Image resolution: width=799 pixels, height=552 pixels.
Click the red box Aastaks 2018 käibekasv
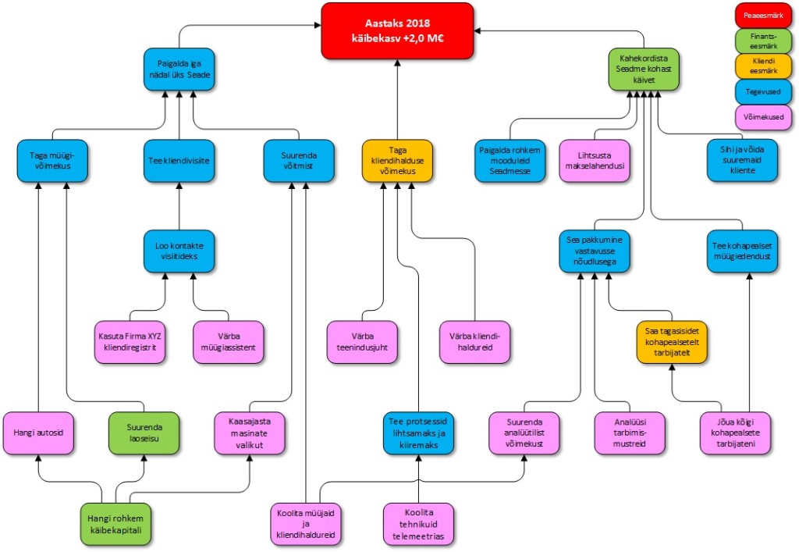pos(398,30)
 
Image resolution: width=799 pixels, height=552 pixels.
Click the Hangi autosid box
pos(38,432)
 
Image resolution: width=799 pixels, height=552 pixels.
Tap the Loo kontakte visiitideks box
pos(179,251)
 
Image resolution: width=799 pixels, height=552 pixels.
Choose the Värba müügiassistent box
pos(229,342)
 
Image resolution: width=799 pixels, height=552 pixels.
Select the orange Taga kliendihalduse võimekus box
pos(398,160)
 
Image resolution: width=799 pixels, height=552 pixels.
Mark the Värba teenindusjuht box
pos(363,342)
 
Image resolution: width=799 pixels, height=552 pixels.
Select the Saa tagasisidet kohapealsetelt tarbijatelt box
pos(671,342)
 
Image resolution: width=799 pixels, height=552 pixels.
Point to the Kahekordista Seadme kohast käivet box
pos(644,69)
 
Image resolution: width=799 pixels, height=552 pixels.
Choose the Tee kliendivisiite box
pos(179,160)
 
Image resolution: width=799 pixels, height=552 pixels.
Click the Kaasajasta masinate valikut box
pos(250,432)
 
